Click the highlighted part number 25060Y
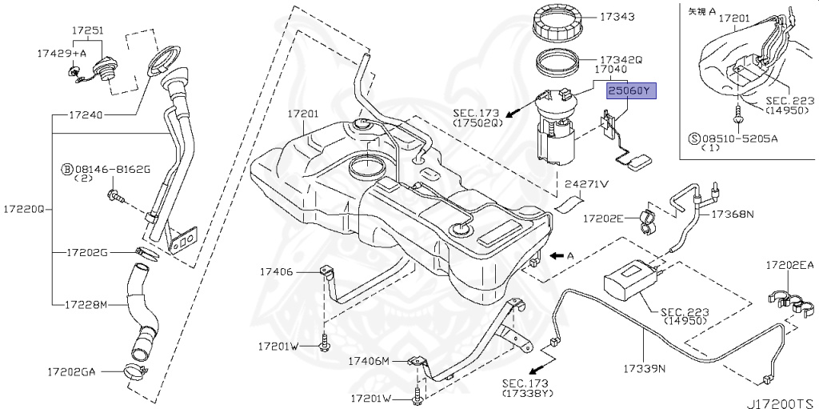click(630, 92)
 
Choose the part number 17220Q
click(22, 209)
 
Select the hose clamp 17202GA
click(137, 371)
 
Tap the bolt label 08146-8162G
click(117, 170)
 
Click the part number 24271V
click(587, 184)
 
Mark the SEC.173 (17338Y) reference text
click(524, 389)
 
